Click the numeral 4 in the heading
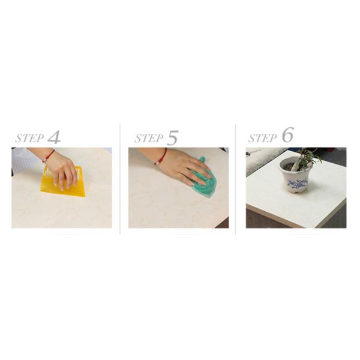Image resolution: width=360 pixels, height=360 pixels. tap(54, 137)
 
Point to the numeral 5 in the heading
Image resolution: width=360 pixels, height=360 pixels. tap(173, 138)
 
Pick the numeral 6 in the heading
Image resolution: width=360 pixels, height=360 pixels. tap(287, 136)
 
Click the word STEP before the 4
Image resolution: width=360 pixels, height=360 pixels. tap(29, 139)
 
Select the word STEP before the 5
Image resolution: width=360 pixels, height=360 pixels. tap(149, 139)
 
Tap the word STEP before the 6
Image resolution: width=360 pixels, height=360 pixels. tap(262, 138)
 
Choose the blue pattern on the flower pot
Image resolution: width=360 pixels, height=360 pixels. tap(296, 183)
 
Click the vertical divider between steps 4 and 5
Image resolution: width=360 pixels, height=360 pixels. tap(120, 180)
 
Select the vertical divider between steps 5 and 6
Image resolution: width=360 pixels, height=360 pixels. tap(235, 180)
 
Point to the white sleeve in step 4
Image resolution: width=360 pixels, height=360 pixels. tap(24, 159)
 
